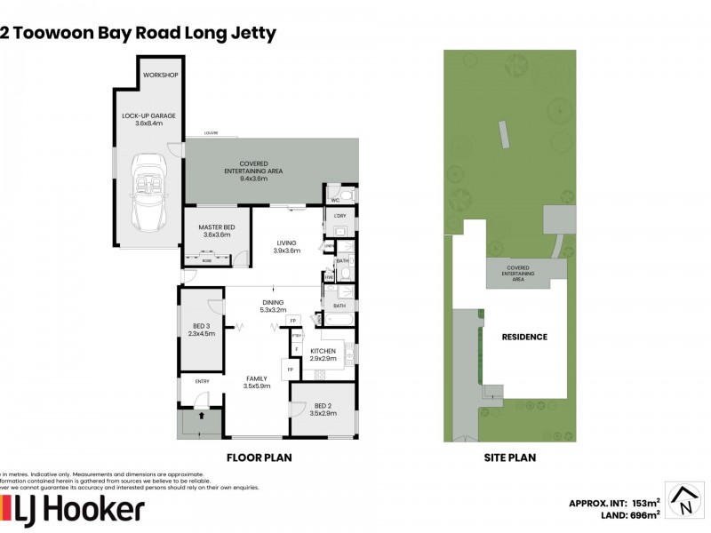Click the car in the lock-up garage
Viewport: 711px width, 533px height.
pyautogui.click(x=145, y=192)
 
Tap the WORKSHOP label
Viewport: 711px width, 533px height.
pyautogui.click(x=160, y=75)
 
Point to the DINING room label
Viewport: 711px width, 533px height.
pyautogui.click(x=272, y=302)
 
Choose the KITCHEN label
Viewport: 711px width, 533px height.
pyautogui.click(x=322, y=351)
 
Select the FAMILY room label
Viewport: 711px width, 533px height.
pyautogui.click(x=256, y=378)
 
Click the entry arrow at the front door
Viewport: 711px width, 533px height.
pyautogui.click(x=201, y=414)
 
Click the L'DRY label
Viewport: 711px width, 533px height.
pyautogui.click(x=340, y=215)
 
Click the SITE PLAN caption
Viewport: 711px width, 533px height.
pyautogui.click(x=510, y=458)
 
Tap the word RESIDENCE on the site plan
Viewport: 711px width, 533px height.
pyautogui.click(x=524, y=337)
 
